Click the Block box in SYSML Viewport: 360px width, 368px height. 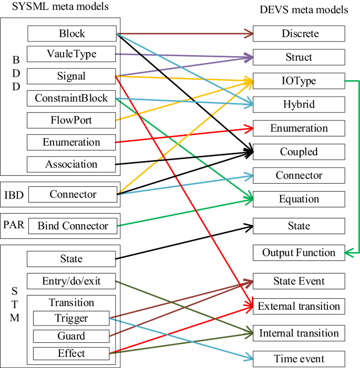coord(71,34)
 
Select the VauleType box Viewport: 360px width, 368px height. coord(71,54)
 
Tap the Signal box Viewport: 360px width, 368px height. coord(71,76)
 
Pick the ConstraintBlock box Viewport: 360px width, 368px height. coord(71,98)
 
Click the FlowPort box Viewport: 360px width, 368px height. coord(71,120)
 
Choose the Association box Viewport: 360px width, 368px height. coord(71,164)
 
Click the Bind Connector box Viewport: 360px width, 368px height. coord(73,226)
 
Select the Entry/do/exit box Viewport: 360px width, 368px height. coord(71,281)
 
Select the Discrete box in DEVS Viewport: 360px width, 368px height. coord(299,34)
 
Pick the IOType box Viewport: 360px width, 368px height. coord(299,81)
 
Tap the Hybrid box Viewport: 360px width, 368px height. coord(299,104)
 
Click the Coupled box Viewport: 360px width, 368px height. coord(299,152)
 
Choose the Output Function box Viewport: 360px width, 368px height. coord(299,253)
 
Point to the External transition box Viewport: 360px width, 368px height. coord(299,306)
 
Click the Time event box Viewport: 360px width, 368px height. coord(299,359)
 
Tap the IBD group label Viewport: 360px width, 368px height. coord(13,195)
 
